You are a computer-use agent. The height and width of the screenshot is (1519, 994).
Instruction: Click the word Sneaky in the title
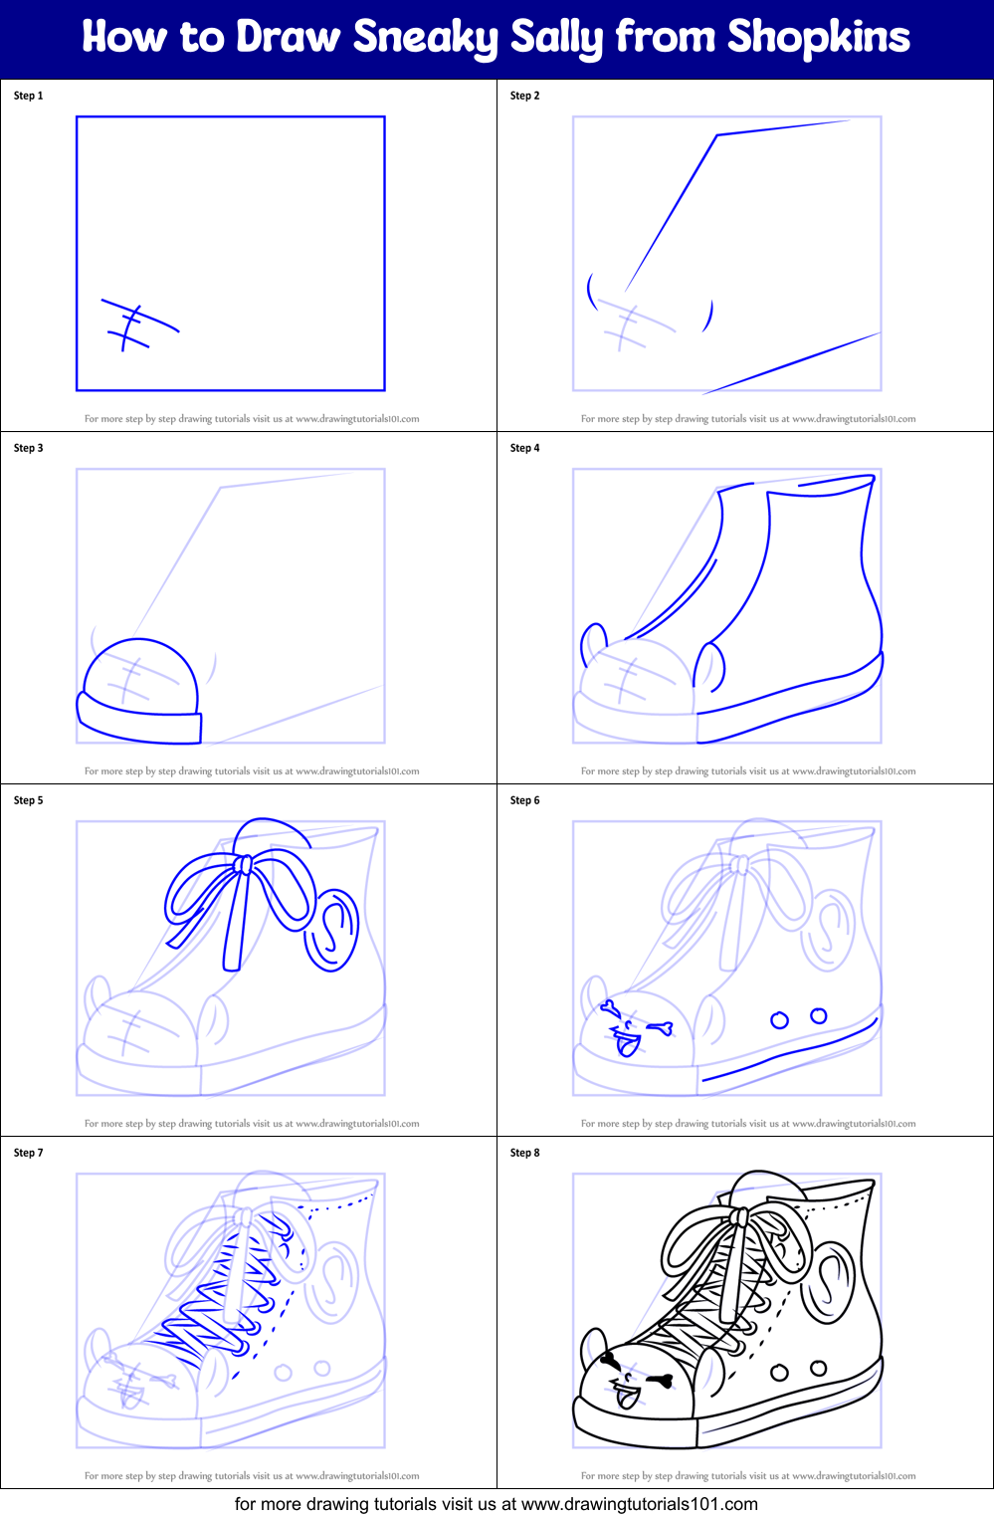tap(425, 38)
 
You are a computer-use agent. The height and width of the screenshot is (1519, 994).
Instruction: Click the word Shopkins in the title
tap(818, 38)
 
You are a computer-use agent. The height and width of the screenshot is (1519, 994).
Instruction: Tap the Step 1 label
tap(28, 96)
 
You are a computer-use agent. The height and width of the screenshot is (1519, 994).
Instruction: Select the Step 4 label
tap(524, 448)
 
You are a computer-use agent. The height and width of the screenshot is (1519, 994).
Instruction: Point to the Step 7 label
tap(28, 1153)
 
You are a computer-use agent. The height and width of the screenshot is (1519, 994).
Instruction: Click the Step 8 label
tap(524, 1153)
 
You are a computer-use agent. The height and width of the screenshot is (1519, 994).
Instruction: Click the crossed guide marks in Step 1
tap(134, 325)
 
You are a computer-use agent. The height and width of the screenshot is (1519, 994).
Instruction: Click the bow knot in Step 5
tap(243, 865)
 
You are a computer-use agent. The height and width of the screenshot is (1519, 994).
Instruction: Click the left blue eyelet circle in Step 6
tap(779, 1020)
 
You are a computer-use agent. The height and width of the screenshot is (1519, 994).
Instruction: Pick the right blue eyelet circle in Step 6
tap(819, 1015)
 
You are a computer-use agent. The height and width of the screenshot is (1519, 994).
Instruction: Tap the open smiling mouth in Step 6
tap(627, 1043)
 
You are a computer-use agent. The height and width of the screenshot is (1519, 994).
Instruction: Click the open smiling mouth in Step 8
tap(627, 1396)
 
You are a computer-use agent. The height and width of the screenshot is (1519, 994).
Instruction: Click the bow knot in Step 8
tap(739, 1217)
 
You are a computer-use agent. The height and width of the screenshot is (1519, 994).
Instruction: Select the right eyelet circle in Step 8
tap(819, 1368)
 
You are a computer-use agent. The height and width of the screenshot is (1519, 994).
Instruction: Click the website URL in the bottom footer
tap(639, 1504)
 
